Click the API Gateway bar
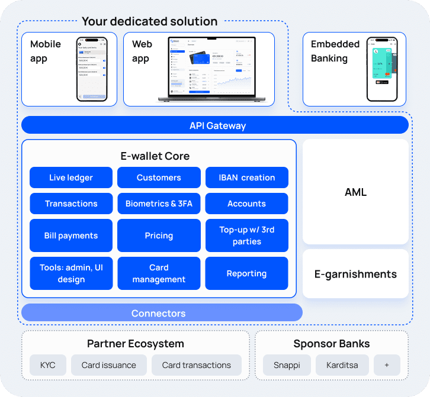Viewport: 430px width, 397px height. click(215, 125)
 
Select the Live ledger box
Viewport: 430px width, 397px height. click(71, 177)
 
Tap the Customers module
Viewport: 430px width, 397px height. click(159, 177)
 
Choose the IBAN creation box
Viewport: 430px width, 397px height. click(246, 177)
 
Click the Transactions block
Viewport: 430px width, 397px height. click(71, 204)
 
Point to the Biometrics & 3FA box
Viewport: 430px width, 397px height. click(159, 204)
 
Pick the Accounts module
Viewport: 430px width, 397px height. click(246, 204)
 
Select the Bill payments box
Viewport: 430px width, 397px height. click(71, 235)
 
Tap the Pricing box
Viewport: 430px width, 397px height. click(159, 235)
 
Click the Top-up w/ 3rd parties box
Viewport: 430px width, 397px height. click(246, 235)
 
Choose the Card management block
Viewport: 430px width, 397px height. click(159, 273)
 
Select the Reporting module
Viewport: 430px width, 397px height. click(246, 273)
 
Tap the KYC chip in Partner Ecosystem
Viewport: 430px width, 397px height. click(47, 365)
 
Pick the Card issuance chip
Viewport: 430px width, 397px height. click(108, 365)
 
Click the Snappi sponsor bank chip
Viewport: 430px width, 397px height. click(287, 365)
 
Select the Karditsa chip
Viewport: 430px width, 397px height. click(342, 365)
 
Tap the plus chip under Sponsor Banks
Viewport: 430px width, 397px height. click(387, 365)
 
